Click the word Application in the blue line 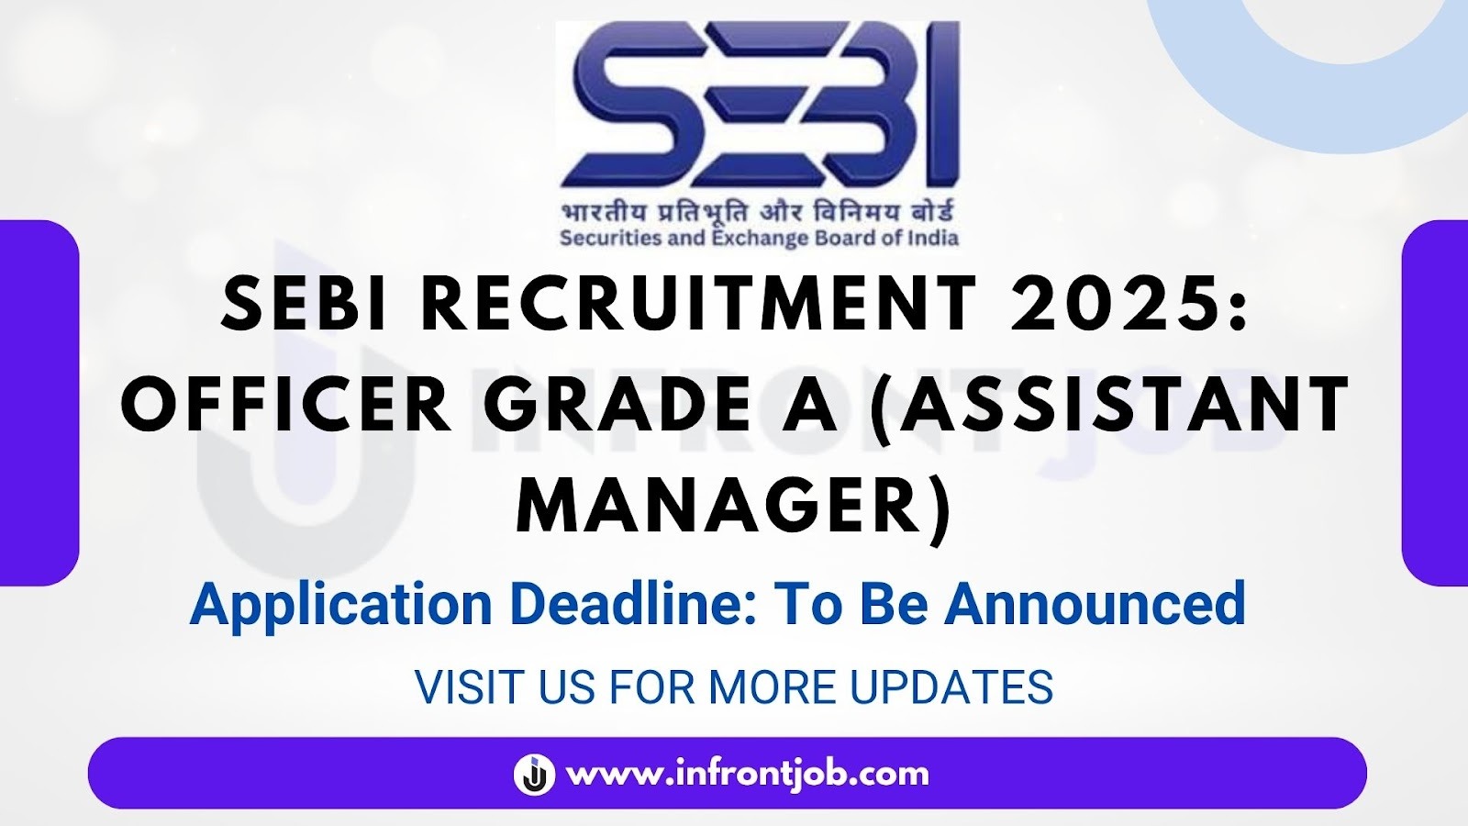click(x=341, y=604)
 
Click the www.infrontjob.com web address click(x=748, y=774)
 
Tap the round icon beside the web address click(x=534, y=774)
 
